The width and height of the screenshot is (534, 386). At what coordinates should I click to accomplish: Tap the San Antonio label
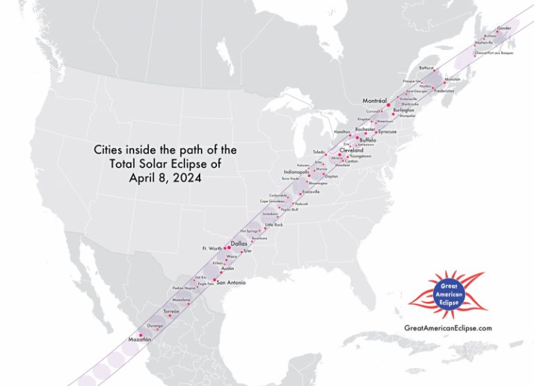(x=232, y=282)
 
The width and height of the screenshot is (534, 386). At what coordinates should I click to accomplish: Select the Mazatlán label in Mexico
(x=140, y=339)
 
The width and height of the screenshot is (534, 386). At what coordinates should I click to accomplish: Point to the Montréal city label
(x=376, y=101)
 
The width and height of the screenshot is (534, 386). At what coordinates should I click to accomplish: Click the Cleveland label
(x=351, y=150)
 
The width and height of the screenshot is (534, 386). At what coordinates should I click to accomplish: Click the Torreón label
(x=171, y=311)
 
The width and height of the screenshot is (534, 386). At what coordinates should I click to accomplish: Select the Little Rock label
(x=274, y=225)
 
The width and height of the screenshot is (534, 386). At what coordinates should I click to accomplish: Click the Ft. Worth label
(x=211, y=248)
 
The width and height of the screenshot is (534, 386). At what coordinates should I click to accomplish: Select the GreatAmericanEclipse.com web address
(x=448, y=328)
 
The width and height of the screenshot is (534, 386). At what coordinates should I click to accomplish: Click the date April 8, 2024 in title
(x=165, y=177)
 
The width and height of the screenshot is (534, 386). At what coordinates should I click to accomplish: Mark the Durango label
(x=155, y=325)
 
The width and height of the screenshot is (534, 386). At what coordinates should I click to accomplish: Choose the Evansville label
(x=311, y=191)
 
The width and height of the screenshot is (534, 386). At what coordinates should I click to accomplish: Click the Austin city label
(x=227, y=268)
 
